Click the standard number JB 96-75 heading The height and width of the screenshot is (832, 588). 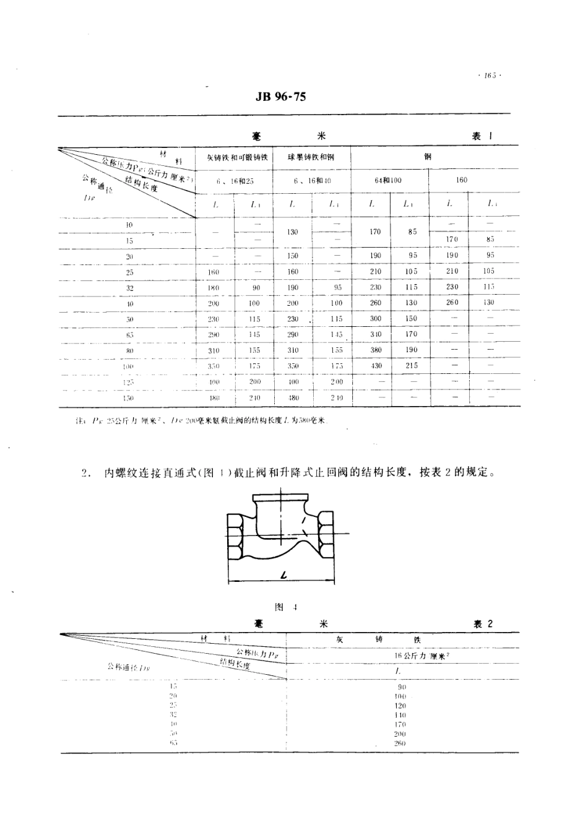click(280, 97)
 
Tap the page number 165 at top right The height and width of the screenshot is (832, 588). click(489, 76)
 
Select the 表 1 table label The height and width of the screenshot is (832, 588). click(482, 136)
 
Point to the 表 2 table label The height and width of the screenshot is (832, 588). click(483, 624)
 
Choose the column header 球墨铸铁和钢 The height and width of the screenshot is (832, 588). click(311, 157)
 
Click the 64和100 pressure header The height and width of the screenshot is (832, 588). click(389, 180)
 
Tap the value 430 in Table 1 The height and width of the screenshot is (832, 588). click(376, 366)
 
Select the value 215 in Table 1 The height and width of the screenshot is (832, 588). click(412, 366)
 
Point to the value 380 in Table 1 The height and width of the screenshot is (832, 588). click(376, 350)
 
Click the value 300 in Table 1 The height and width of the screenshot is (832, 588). click(376, 318)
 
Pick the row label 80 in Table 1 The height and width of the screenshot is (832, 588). click(130, 350)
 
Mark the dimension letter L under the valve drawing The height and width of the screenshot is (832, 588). click(283, 576)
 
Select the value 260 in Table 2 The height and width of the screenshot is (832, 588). click(399, 743)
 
